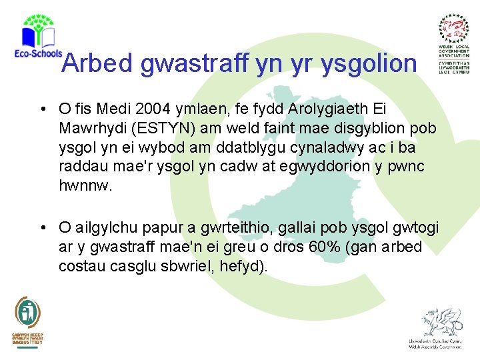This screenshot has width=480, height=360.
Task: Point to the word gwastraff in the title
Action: [x=197, y=63]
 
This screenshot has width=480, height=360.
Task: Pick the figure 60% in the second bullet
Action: [x=322, y=247]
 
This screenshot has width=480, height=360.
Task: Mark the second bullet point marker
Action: [x=42, y=229]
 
